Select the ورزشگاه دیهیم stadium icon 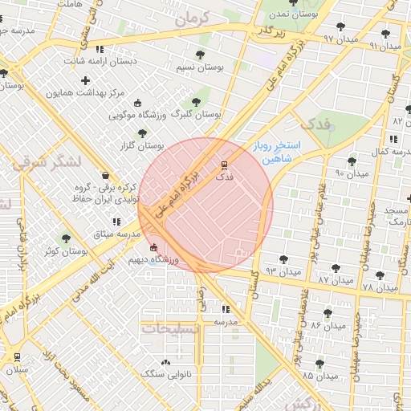[x=154, y=247]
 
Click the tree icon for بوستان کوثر [x=66, y=238]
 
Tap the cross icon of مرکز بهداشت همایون [x=86, y=80]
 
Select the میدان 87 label [x=334, y=279]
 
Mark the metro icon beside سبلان [x=17, y=356]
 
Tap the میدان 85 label [x=319, y=376]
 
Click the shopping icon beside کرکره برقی [x=106, y=175]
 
